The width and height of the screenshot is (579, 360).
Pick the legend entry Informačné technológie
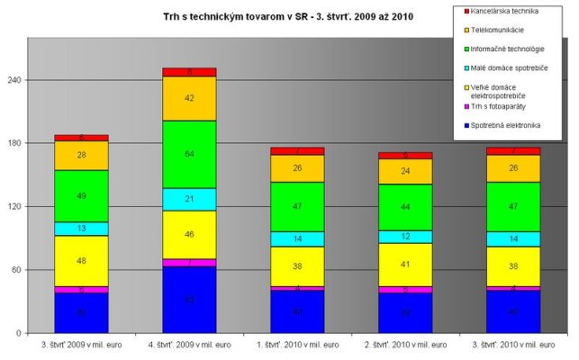pyautogui.click(x=503, y=49)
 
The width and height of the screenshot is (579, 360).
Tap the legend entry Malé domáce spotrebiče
pyautogui.click(x=508, y=67)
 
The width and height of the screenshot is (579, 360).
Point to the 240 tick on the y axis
pyautogui.click(x=14, y=80)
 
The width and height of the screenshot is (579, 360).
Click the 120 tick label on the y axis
pyautogui.click(x=14, y=207)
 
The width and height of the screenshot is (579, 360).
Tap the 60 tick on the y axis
pyautogui.click(x=16, y=270)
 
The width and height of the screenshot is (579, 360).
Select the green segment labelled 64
pyautogui.click(x=189, y=154)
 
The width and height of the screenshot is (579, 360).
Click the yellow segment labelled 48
pyautogui.click(x=81, y=261)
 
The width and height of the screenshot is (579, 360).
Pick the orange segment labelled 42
pyautogui.click(x=189, y=98)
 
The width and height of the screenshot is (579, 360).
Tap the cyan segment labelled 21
pyautogui.click(x=189, y=199)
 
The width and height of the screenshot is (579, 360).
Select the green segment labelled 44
pyautogui.click(x=405, y=207)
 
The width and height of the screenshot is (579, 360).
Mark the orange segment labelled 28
pyautogui.click(x=81, y=155)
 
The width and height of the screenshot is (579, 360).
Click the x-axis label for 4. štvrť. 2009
pyautogui.click(x=189, y=346)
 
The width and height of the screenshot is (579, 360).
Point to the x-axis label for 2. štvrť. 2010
pyautogui.click(x=405, y=346)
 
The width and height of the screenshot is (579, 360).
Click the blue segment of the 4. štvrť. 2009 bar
pyautogui.click(x=189, y=300)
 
